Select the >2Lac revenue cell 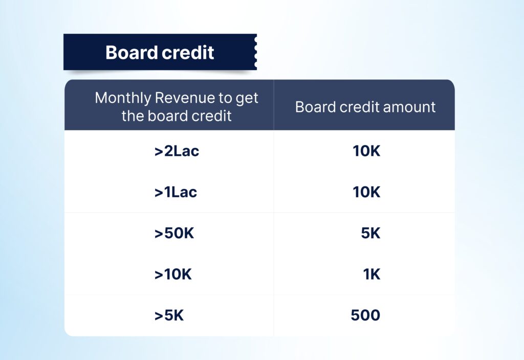coord(177,151)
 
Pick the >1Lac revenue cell coord(176,193)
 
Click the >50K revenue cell coord(174,233)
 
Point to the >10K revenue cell coord(173,274)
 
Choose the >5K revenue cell coord(169,315)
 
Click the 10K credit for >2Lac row coord(366,151)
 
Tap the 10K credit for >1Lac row coord(366,193)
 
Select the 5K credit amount coord(370,233)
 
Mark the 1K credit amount coord(372,274)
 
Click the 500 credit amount coord(365,315)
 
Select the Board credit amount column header coord(365,107)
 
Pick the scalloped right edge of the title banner coord(256,52)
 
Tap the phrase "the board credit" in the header coord(177,116)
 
